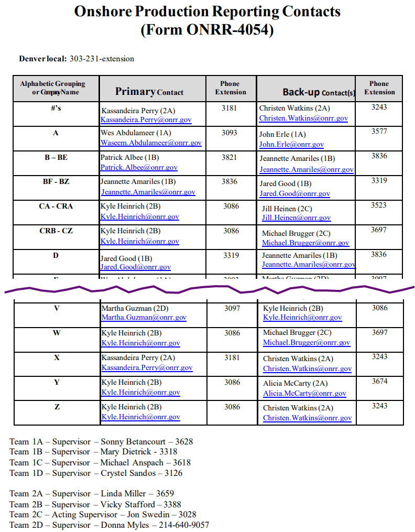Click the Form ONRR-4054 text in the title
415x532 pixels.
tap(207, 30)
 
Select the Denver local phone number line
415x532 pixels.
tap(77, 59)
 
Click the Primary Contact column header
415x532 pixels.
tap(149, 92)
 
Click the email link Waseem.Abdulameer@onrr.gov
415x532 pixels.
tap(151, 143)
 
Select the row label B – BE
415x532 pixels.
tap(56, 157)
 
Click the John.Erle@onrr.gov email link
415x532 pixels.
tap(291, 144)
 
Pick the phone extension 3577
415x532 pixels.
tap(379, 132)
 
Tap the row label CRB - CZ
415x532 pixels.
tap(56, 231)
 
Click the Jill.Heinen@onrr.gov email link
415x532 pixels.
tap(296, 218)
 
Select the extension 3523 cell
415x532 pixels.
tap(379, 205)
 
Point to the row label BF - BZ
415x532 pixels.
tap(56, 181)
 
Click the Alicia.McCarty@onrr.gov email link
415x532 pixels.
tap(304, 393)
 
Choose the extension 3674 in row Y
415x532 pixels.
tap(380, 381)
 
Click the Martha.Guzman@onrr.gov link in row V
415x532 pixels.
tap(144, 317)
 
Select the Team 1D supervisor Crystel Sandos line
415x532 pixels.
tap(96, 473)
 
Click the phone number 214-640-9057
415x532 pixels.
tap(184, 525)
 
